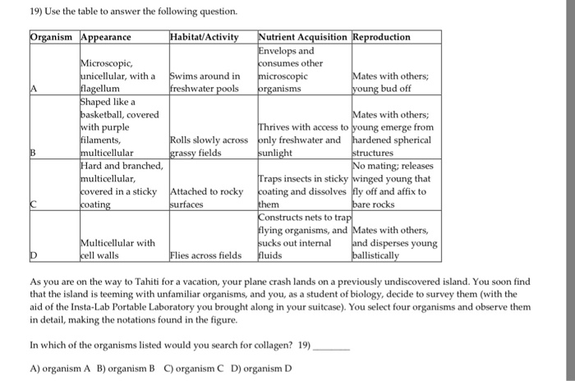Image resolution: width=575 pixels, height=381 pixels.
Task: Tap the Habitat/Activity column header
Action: pyautogui.click(x=204, y=37)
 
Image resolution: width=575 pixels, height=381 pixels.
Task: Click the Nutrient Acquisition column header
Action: pyautogui.click(x=303, y=37)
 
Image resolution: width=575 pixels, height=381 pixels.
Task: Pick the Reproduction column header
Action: pyautogui.click(x=382, y=37)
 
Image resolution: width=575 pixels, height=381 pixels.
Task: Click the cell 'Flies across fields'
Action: pyautogui.click(x=205, y=255)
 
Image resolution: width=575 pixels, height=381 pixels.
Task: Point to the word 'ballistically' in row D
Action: pyautogui.click(x=377, y=255)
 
